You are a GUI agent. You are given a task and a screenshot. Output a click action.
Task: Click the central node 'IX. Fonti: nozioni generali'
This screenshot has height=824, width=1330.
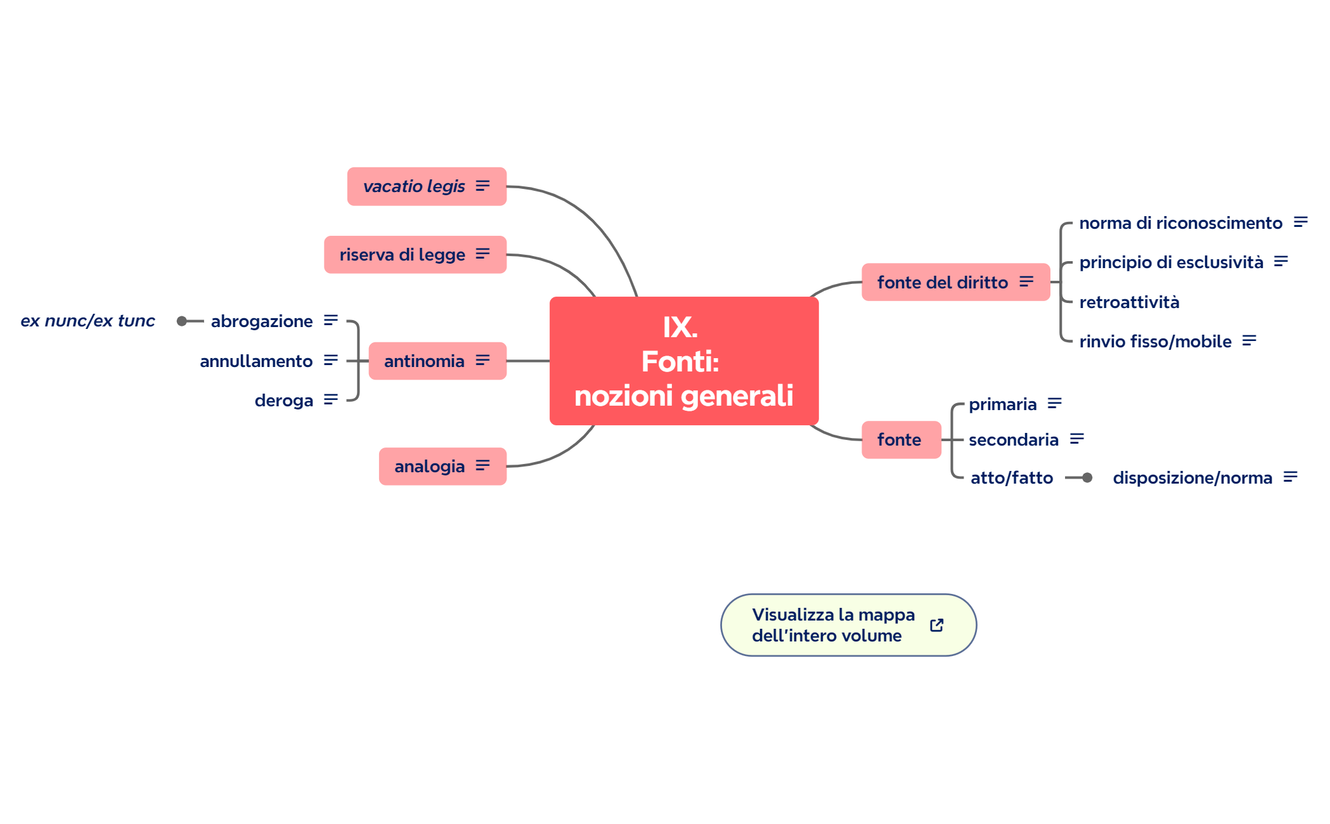[683, 361]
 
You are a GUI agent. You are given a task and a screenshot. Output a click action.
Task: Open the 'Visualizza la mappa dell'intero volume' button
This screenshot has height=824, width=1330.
[833, 625]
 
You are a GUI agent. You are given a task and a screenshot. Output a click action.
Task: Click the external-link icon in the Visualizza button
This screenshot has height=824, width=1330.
[936, 626]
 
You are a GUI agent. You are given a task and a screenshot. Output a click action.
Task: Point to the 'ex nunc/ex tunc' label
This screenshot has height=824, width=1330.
[87, 321]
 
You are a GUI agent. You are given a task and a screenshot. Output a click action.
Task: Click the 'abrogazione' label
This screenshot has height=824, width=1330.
[262, 321]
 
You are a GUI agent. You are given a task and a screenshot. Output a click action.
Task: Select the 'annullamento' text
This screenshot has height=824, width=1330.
[256, 361]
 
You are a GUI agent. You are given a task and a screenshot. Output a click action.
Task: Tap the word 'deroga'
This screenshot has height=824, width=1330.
[284, 401]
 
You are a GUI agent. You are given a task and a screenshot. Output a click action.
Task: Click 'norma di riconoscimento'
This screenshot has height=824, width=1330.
[1180, 223]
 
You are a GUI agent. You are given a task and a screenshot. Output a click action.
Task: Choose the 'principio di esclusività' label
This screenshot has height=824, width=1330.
[1171, 262]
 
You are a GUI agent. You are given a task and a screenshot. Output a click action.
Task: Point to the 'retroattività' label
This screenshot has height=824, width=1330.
[1129, 302]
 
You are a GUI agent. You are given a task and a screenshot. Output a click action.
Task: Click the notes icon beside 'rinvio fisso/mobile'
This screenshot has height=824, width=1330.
[1249, 341]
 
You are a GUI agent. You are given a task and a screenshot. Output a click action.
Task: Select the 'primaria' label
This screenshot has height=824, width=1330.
[1002, 404]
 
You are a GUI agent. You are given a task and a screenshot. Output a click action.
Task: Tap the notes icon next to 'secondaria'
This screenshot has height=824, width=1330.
[1076, 439]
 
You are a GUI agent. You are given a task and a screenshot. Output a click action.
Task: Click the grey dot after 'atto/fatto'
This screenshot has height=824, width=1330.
[1087, 478]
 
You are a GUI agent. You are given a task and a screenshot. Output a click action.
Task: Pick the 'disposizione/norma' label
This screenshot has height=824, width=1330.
[1192, 478]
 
